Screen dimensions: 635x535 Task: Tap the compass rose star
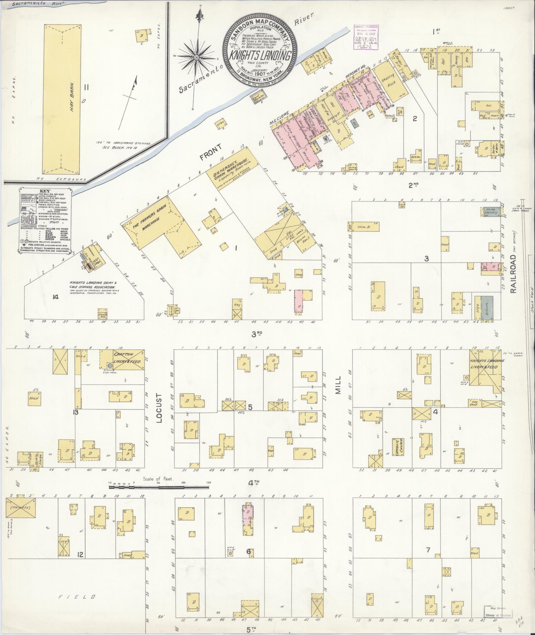pos(196,57)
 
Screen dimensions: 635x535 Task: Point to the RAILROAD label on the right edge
pos(514,274)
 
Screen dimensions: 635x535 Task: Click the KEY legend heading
pos(44,192)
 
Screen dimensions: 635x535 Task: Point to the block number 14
pos(55,297)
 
